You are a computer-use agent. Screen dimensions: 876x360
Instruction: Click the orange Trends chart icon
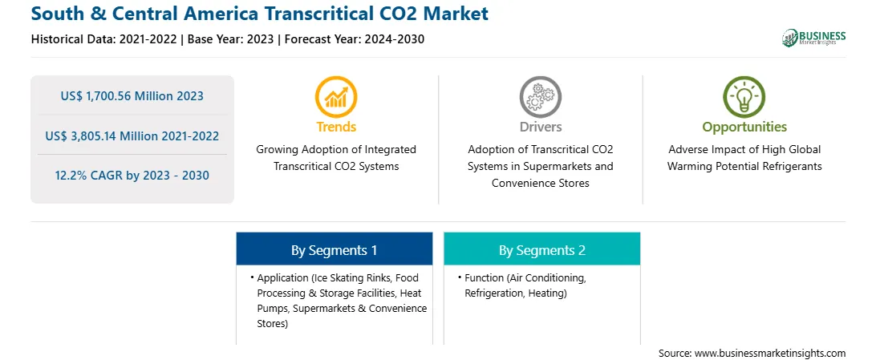[336, 97]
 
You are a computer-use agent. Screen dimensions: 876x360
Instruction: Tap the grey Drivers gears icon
[540, 97]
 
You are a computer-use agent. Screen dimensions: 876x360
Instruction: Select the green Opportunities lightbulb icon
[744, 97]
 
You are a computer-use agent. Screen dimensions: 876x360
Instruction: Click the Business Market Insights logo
[813, 38]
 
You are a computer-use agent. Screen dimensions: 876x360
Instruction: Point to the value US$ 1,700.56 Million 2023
[132, 96]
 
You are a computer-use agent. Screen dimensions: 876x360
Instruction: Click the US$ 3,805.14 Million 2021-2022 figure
[132, 136]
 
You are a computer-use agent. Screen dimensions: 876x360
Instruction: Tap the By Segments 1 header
[334, 250]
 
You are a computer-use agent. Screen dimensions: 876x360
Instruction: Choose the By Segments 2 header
[542, 250]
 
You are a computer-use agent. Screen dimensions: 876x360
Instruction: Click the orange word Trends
[336, 127]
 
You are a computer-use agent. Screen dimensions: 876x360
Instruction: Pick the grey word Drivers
[541, 127]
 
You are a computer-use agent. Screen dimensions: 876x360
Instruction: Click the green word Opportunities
[744, 127]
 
